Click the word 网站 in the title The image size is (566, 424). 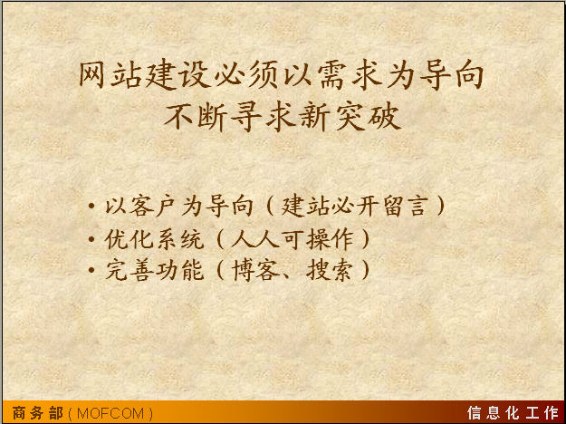click(110, 75)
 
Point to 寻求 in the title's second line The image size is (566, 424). click(265, 117)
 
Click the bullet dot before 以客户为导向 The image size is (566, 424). click(91, 207)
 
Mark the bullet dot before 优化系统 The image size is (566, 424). click(91, 238)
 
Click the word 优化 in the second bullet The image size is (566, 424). click(129, 238)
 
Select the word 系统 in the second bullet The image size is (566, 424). click(179, 238)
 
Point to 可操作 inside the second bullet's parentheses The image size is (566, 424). click(317, 238)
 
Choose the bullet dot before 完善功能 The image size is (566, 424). click(91, 269)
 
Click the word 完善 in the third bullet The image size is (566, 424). click(129, 270)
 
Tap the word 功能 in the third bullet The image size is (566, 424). click(179, 270)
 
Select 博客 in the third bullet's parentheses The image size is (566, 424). click(255, 270)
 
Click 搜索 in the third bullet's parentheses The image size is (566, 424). click(330, 270)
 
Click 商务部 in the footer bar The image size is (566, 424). click(37, 413)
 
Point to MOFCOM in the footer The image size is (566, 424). click(110, 413)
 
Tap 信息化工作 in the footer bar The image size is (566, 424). click(513, 412)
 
